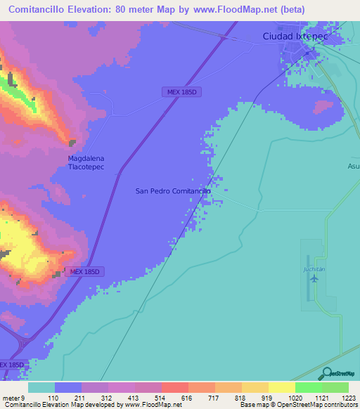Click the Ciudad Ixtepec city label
295,35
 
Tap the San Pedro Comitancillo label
172,190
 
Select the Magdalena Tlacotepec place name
86,162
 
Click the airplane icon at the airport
314,278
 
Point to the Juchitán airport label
314,268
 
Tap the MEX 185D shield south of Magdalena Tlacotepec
86,271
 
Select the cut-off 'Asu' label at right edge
352,167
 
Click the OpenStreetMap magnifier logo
326,373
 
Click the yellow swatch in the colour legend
281,387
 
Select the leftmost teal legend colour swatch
41,387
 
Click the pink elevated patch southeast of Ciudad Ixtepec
323,106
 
